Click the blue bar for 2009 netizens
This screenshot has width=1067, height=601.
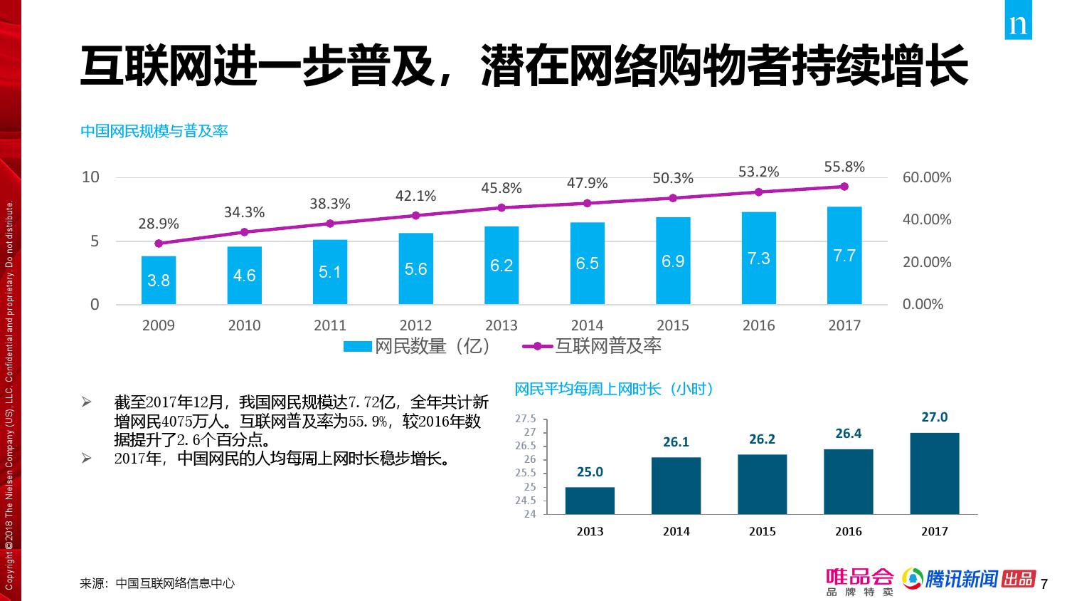158,280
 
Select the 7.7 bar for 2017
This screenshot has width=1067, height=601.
844,256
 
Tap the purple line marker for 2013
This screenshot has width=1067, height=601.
501,207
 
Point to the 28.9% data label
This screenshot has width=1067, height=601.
159,224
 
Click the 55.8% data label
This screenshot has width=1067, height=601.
844,167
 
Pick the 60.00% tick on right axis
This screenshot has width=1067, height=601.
926,177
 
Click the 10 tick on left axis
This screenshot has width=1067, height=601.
90,177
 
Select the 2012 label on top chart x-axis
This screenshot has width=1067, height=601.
415,325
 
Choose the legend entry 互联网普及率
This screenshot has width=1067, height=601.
593,346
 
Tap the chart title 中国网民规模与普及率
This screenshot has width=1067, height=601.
154,131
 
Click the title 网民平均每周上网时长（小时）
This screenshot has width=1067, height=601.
614,389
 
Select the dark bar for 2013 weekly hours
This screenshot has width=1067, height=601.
590,500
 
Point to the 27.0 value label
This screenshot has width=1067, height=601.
934,417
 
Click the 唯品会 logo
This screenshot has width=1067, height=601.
859,580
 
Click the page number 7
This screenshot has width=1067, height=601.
1044,585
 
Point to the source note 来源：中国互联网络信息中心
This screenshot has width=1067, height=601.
157,583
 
